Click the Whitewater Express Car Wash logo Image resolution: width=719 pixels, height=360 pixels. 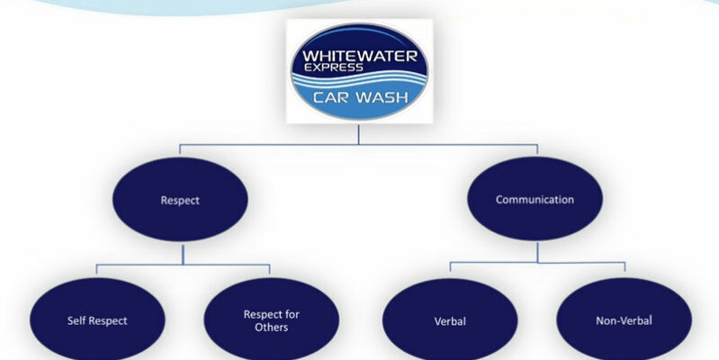coord(358,70)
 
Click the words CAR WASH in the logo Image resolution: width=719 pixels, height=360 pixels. coord(358,97)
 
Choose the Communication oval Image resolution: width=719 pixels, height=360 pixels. coord(535,201)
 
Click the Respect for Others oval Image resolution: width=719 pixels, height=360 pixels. coord(271,320)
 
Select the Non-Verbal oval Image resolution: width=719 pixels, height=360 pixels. coord(623,320)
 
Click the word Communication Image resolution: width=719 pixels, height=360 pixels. coord(535,200)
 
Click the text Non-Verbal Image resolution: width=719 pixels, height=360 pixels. coord(623,320)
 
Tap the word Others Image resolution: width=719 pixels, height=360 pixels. coord(271,328)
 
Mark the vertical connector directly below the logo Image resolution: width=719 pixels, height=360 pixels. coord(358,133)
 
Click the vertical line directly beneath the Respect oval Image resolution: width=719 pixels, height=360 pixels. coord(182,254)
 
